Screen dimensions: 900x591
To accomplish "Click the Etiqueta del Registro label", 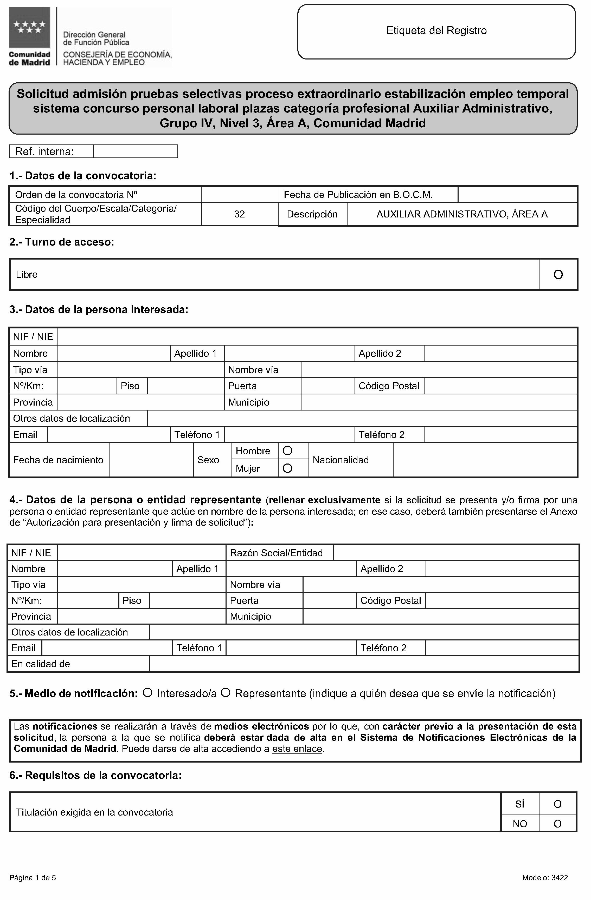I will [x=436, y=31].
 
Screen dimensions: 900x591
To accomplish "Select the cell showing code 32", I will [x=239, y=214].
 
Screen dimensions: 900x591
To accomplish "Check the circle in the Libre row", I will [x=558, y=275].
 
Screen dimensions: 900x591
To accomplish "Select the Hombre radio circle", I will [x=288, y=451].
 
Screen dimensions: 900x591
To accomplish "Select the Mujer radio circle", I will [x=288, y=468].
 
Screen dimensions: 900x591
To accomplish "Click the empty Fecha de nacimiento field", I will [x=151, y=460].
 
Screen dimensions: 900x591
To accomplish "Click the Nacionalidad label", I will [x=340, y=460].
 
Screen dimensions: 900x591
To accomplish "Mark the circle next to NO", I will [x=557, y=824].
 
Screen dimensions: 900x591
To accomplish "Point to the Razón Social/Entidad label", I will [x=276, y=553].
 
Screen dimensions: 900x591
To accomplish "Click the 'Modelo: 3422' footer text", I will [x=545, y=878].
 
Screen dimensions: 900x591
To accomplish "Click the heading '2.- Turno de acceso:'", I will [x=62, y=242].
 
